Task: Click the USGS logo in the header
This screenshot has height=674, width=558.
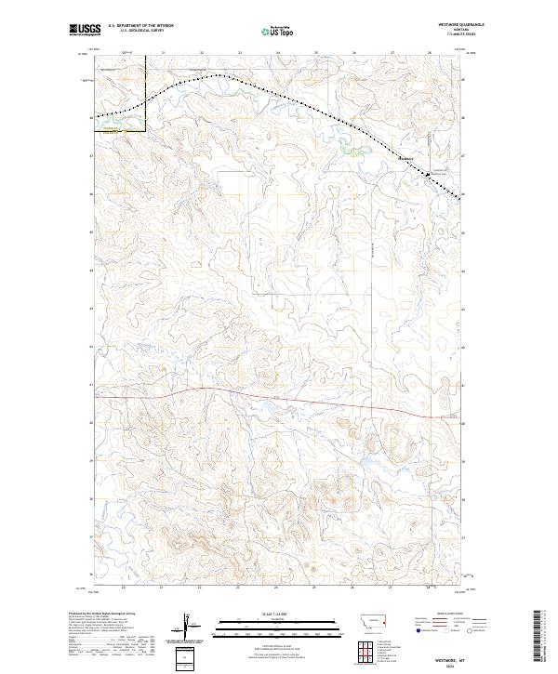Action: pos(85,30)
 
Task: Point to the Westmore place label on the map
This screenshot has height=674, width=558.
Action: pos(405,159)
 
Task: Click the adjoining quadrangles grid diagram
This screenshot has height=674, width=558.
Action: pos(359,652)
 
